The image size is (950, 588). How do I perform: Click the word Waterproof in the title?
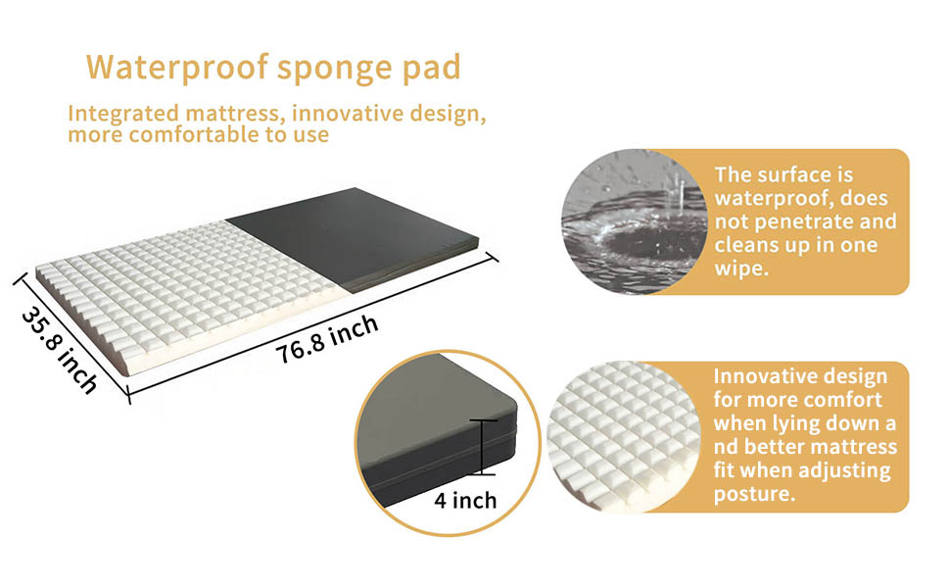click(x=177, y=68)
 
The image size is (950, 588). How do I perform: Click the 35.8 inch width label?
click(x=60, y=351)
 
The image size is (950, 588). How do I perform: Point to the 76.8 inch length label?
click(x=327, y=339)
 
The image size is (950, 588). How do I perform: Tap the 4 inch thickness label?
click(x=465, y=500)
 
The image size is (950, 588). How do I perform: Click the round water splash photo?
click(x=634, y=221)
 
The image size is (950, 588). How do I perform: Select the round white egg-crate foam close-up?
click(x=624, y=437)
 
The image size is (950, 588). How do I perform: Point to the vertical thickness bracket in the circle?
click(x=483, y=447)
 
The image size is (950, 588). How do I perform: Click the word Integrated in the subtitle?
click(x=123, y=114)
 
